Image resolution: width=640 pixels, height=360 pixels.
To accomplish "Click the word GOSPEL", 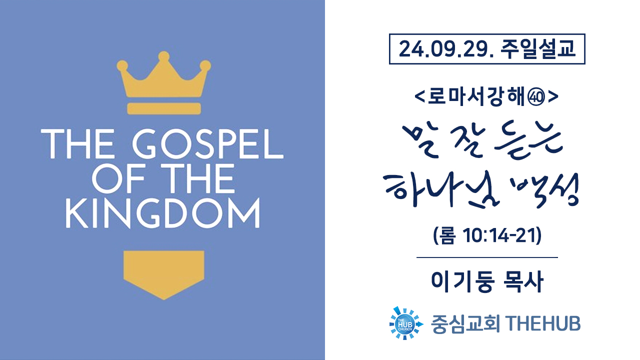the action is coord(207,144).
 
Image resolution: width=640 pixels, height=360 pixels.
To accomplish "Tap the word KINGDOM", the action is coord(162,213).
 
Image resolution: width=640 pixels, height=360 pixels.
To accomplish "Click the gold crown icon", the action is coord(163,83).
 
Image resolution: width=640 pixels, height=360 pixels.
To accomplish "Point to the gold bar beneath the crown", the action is coord(164,108).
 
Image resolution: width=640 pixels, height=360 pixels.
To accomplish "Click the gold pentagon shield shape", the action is coord(163,275).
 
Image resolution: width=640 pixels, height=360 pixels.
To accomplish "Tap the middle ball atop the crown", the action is coord(163,56).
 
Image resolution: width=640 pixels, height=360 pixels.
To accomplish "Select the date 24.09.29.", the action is coord(446,49).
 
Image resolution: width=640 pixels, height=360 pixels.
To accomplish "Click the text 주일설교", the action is coord(537,49).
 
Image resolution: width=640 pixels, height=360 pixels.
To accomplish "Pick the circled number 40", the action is coord(537,97).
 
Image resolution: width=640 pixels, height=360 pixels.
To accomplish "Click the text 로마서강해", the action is coord(478,97).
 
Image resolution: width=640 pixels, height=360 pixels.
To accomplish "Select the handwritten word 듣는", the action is coord(529,140).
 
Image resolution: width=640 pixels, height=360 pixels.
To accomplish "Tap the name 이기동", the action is coord(463,282).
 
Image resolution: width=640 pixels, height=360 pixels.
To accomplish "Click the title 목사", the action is coord(523,282).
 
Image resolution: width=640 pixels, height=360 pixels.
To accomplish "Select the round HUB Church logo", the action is coord(405,323).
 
